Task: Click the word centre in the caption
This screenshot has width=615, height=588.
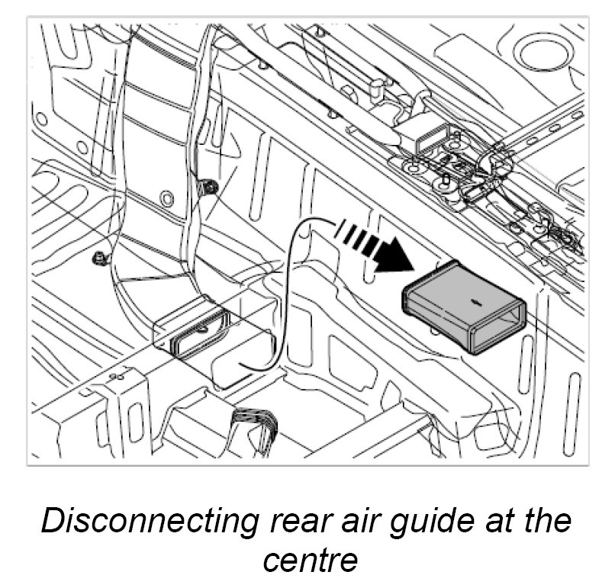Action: tap(310, 560)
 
